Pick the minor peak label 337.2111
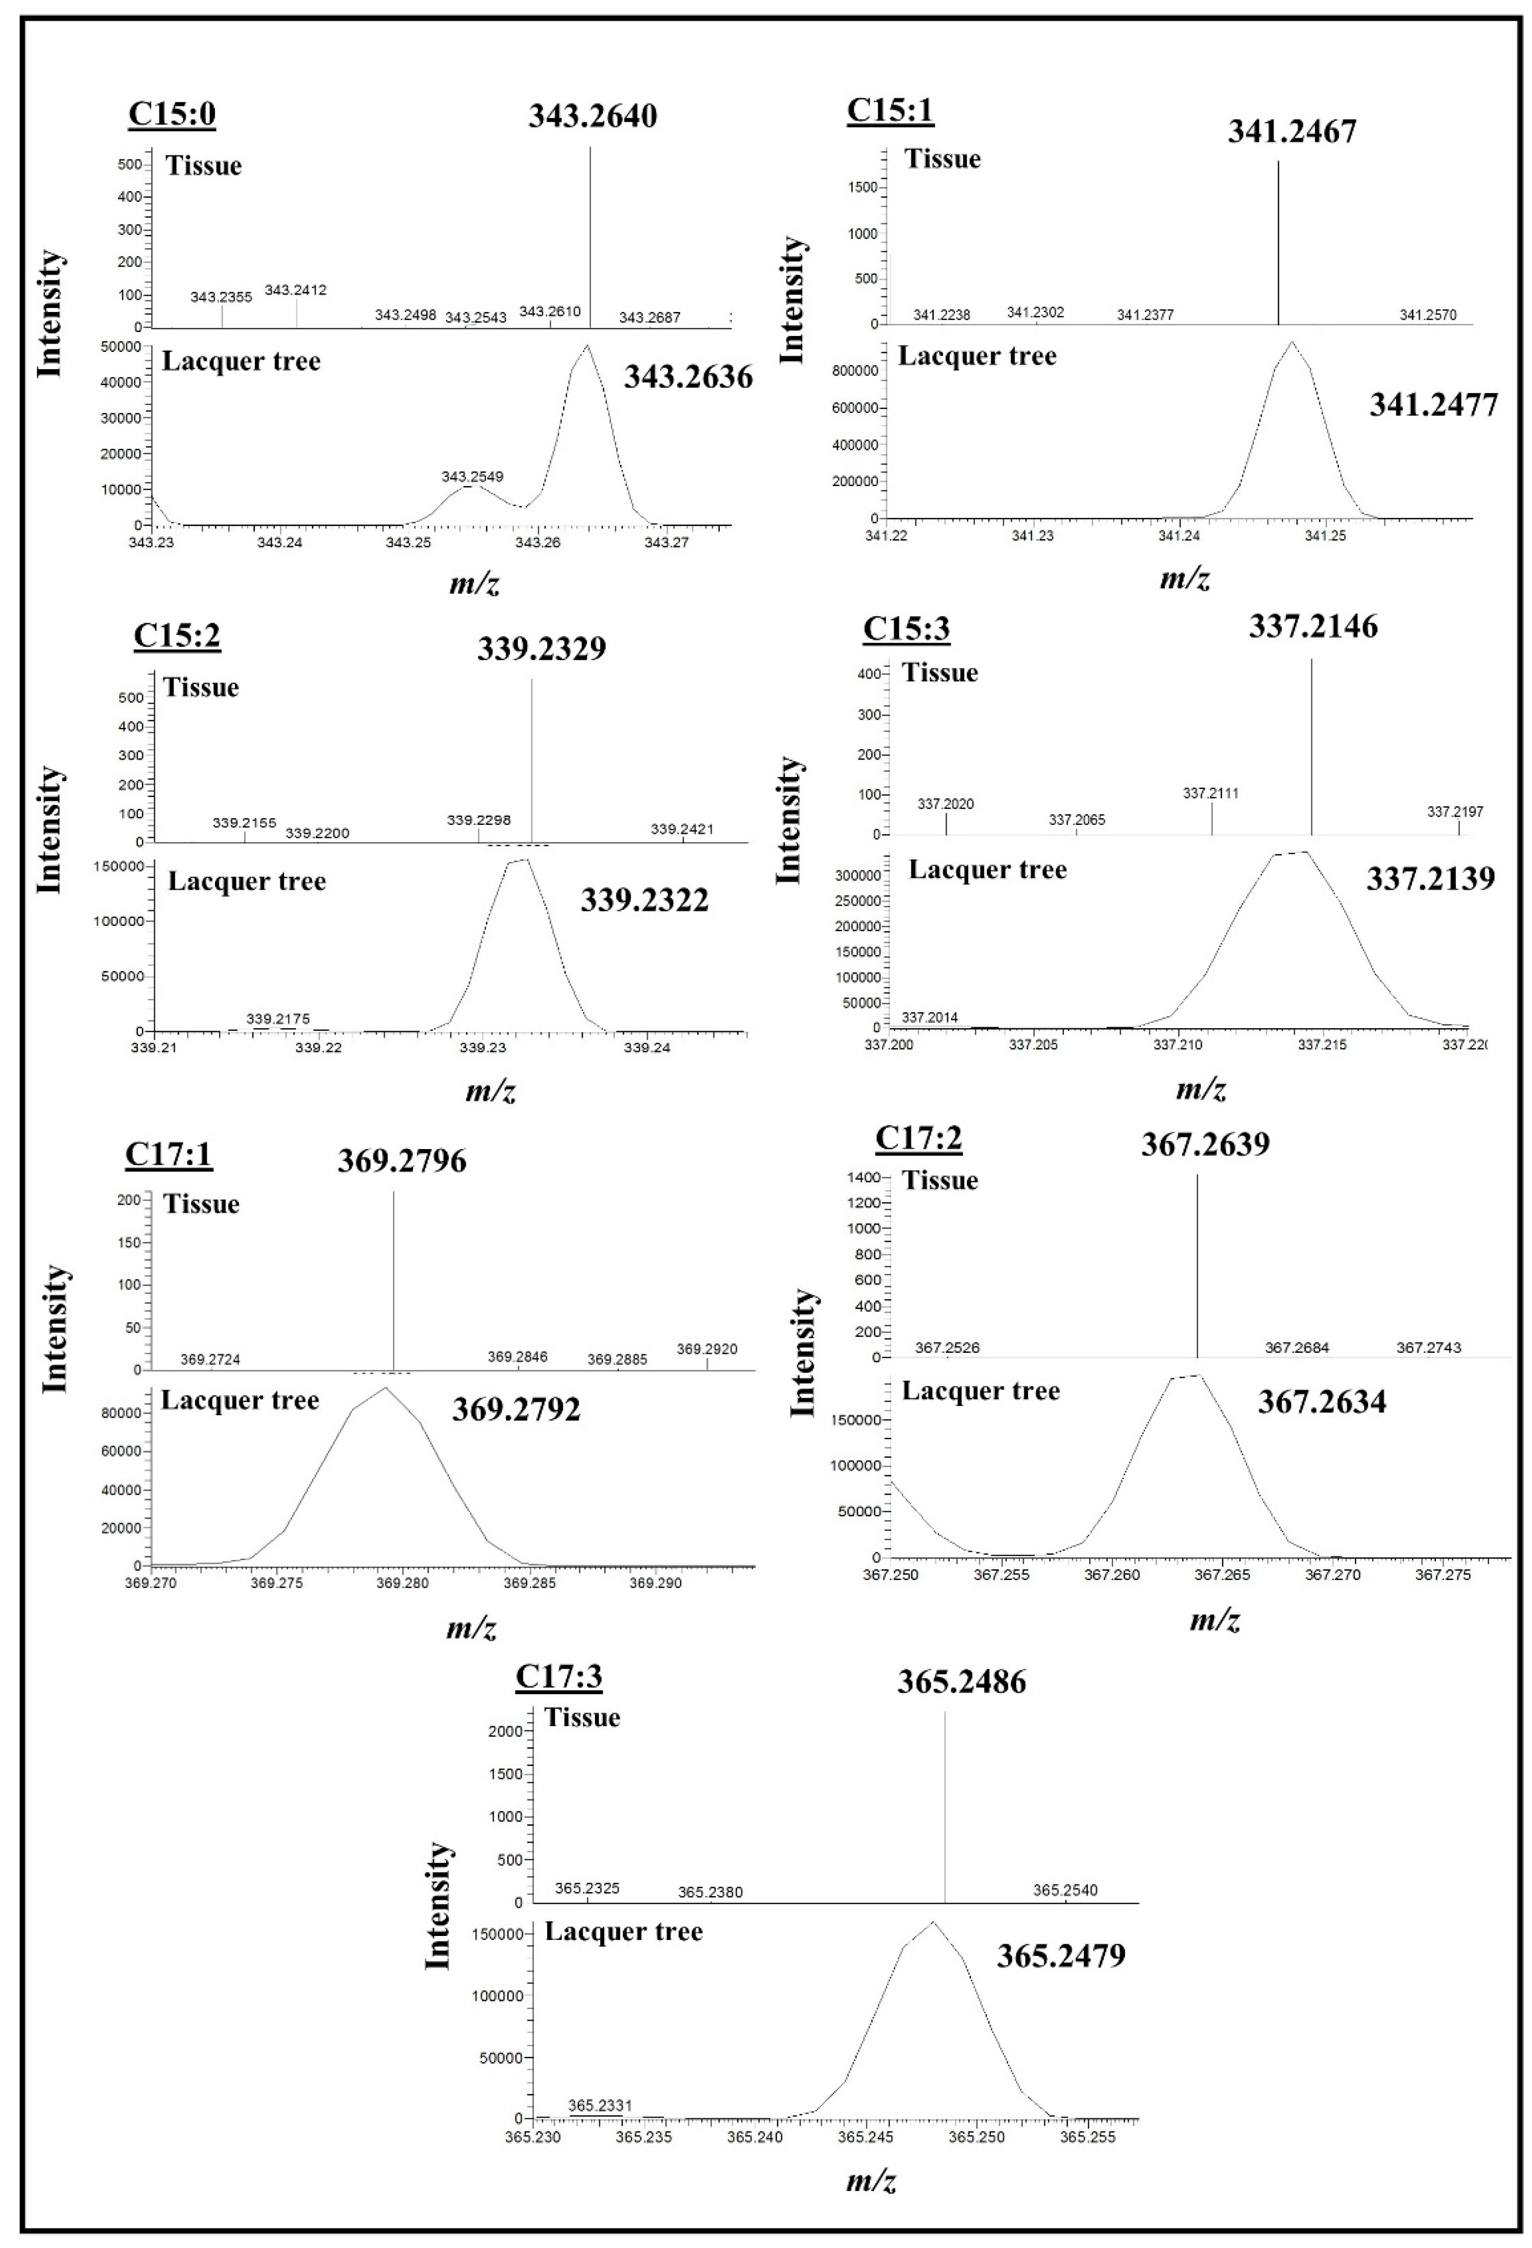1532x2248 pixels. coord(1210,793)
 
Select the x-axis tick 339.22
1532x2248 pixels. coord(318,1048)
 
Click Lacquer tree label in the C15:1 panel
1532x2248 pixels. coord(977,356)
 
